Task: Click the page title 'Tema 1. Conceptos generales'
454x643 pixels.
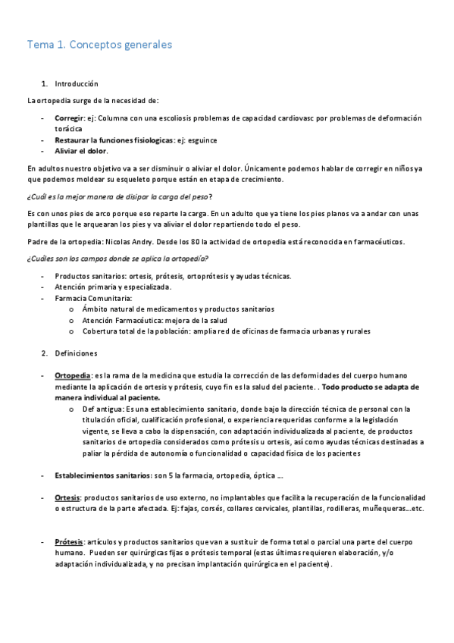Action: tap(99, 45)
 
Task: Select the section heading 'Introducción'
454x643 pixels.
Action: tap(77, 83)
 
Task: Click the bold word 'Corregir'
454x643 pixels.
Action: tap(69, 118)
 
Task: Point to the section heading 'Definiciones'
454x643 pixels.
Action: tap(76, 353)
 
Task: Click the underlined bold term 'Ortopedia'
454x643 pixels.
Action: tap(73, 375)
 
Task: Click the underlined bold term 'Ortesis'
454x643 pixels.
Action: tap(67, 497)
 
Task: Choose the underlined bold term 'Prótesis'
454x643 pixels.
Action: tap(69, 543)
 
